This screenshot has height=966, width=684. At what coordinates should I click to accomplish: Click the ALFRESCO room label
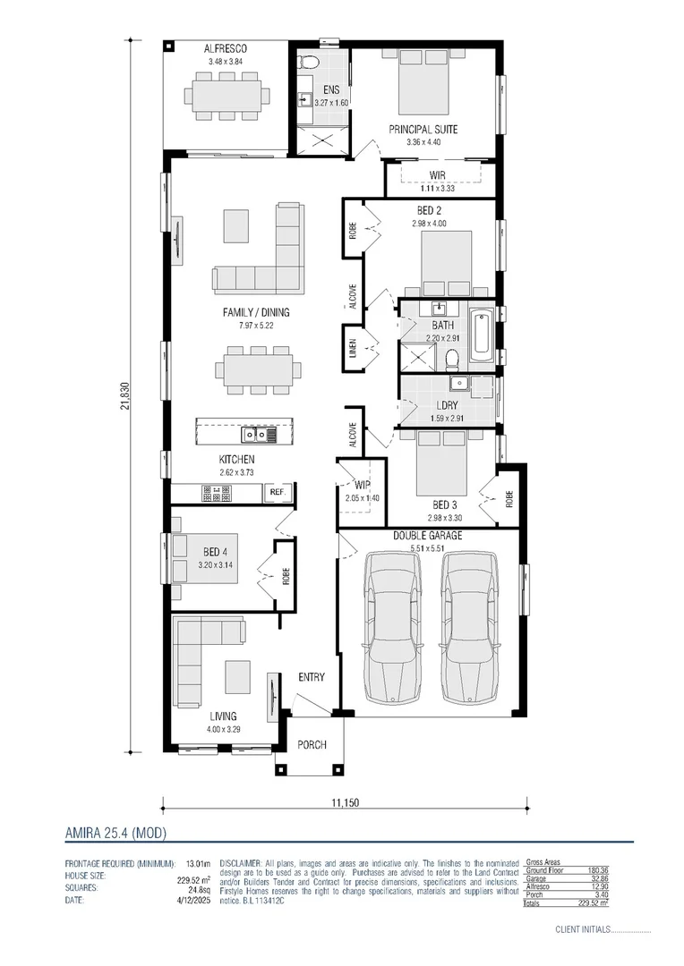[x=225, y=48]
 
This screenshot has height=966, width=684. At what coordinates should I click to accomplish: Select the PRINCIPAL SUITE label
[x=423, y=130]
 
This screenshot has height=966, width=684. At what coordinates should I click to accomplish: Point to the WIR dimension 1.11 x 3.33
[x=437, y=189]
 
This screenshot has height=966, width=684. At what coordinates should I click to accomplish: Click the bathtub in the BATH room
[x=480, y=335]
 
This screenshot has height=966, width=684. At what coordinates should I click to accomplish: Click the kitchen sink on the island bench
[x=256, y=435]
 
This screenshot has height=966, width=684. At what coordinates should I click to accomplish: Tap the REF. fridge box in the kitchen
[x=278, y=492]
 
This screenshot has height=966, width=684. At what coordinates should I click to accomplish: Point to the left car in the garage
[x=392, y=626]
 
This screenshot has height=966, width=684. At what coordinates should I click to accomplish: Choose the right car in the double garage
[x=470, y=626]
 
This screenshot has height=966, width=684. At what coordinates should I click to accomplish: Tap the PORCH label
[x=312, y=745]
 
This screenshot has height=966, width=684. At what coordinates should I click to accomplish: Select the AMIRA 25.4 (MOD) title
[x=115, y=833]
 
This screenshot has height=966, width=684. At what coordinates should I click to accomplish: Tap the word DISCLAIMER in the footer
[x=239, y=865]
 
